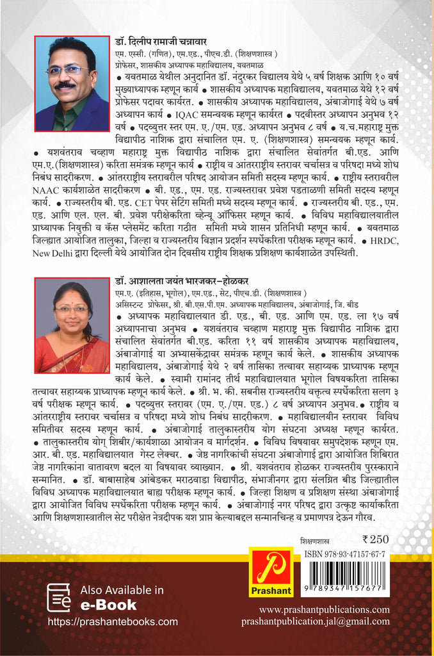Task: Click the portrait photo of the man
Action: [72, 83]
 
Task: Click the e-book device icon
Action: [59, 597]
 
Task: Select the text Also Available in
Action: [122, 590]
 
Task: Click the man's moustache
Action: [66, 85]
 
